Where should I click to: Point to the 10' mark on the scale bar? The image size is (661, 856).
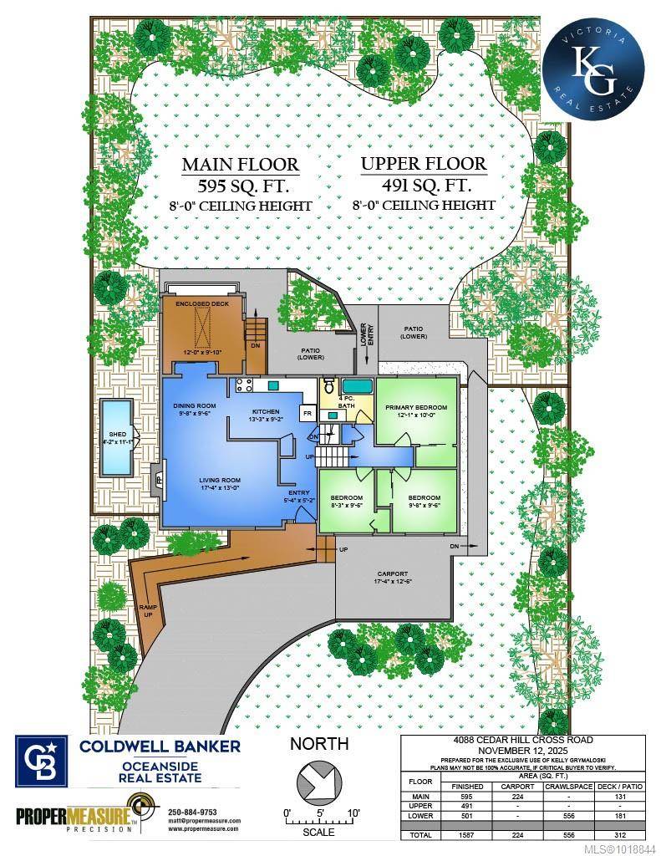pos(354,813)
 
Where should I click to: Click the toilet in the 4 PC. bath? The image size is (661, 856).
pos(329,386)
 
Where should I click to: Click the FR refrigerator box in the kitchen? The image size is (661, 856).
pos(307,414)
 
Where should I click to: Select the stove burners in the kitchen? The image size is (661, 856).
pos(246,385)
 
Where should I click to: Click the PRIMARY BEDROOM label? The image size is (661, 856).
pos(416,408)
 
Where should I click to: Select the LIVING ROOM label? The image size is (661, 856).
pos(220,481)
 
